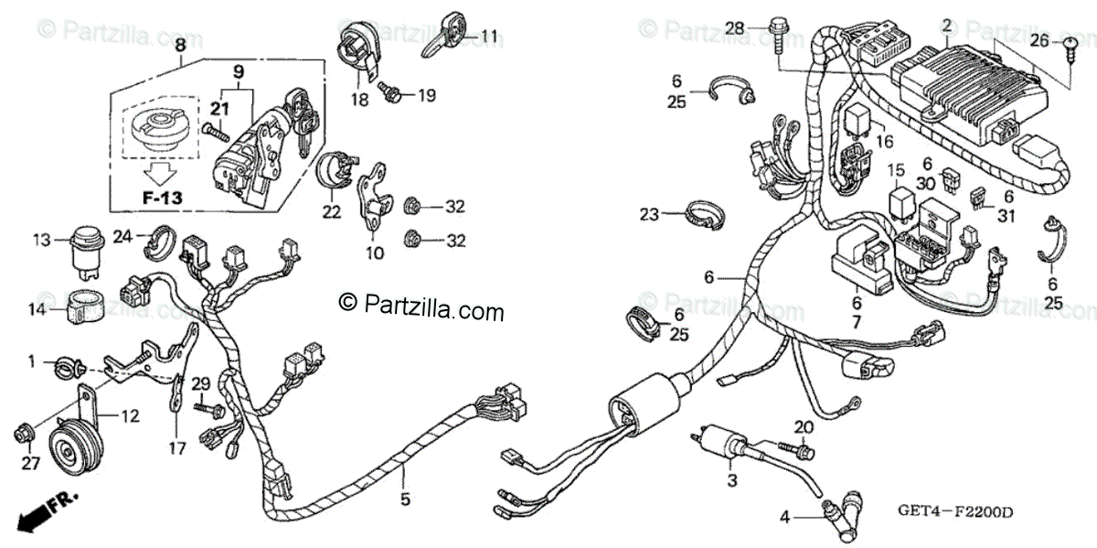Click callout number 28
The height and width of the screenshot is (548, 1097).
(x=735, y=28)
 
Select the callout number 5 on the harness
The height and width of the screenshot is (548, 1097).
(x=405, y=499)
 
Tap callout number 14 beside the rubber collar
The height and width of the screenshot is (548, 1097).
(x=37, y=310)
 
